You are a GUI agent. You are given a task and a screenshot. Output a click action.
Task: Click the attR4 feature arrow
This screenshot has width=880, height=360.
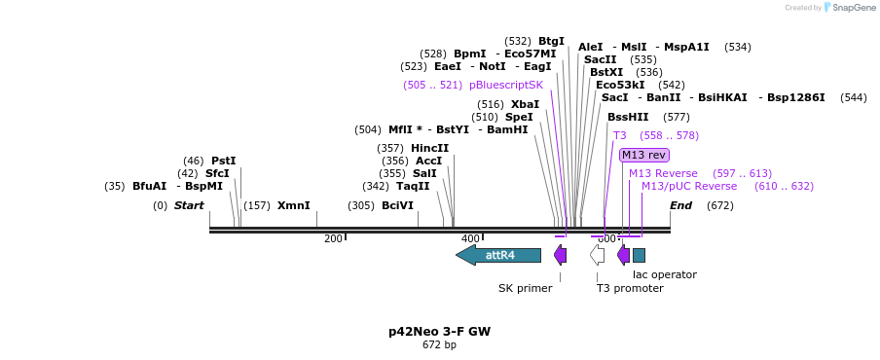(x=498, y=255)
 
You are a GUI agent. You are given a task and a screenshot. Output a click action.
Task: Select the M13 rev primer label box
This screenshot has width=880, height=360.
(x=643, y=155)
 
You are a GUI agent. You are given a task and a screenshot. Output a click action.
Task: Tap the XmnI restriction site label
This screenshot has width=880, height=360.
(x=293, y=205)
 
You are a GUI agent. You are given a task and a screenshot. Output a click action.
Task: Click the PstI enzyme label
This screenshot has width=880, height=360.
(x=224, y=161)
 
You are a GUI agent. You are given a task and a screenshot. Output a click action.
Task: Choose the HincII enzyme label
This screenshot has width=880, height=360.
(x=429, y=148)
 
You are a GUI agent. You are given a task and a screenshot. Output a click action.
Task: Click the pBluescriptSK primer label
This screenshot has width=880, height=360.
(x=506, y=85)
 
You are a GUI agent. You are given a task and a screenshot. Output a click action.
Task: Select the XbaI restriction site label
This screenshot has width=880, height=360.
(x=525, y=104)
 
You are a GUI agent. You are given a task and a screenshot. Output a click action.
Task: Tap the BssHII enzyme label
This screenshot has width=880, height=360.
(x=628, y=117)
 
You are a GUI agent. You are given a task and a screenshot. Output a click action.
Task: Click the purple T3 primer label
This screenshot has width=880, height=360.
(x=620, y=135)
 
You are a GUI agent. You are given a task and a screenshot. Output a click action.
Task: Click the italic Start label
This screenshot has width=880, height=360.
(x=189, y=205)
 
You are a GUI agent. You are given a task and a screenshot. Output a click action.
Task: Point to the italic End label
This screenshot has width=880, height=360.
(x=680, y=205)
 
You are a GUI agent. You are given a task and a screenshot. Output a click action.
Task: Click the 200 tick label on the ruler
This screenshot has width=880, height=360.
(x=333, y=238)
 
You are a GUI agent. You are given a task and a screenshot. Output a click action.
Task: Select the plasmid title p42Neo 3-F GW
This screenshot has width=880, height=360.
(x=439, y=331)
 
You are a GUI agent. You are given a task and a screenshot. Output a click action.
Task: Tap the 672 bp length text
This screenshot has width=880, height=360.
(x=439, y=344)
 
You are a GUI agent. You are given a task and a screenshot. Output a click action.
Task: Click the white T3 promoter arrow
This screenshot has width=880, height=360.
(x=597, y=255)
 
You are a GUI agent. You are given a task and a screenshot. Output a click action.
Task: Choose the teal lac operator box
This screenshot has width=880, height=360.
(x=639, y=255)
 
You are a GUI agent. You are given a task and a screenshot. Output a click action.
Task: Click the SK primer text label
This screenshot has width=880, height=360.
(x=525, y=288)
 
